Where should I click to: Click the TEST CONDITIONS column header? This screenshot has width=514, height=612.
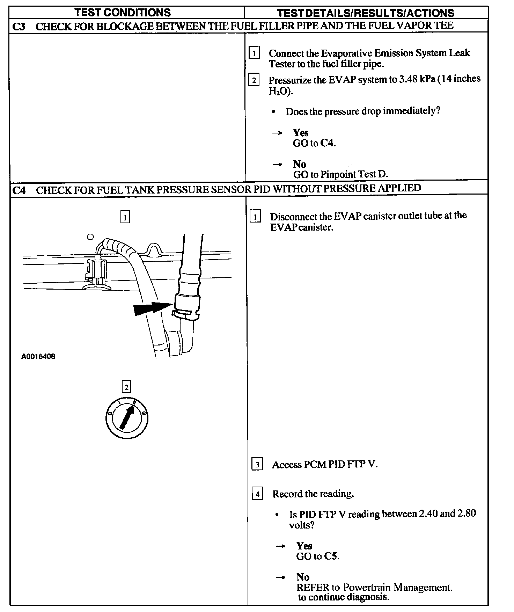123,13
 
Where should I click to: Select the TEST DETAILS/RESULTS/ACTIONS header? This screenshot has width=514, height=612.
366,13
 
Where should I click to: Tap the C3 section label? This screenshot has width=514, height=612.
19,27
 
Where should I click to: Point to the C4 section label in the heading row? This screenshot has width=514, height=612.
19,191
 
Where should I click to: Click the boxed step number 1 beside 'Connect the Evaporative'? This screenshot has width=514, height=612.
254,53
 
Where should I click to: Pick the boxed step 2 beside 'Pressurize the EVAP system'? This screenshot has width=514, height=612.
254,80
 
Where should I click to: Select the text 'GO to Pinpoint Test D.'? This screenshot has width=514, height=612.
340,174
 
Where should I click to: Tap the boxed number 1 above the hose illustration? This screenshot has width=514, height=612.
125,217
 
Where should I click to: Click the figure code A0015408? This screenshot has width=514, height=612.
38,357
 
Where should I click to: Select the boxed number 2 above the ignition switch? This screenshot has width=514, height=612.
126,387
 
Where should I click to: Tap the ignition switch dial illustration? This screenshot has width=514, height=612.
127,417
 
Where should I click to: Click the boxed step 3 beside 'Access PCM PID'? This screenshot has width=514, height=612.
257,465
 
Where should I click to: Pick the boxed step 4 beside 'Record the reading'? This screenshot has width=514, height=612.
257,494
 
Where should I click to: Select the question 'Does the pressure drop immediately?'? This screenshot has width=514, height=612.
363,111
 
